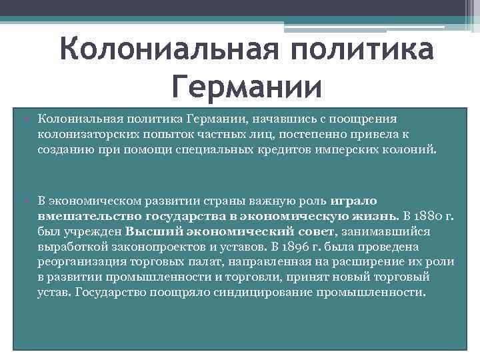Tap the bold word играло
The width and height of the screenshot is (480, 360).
tap(352, 201)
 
